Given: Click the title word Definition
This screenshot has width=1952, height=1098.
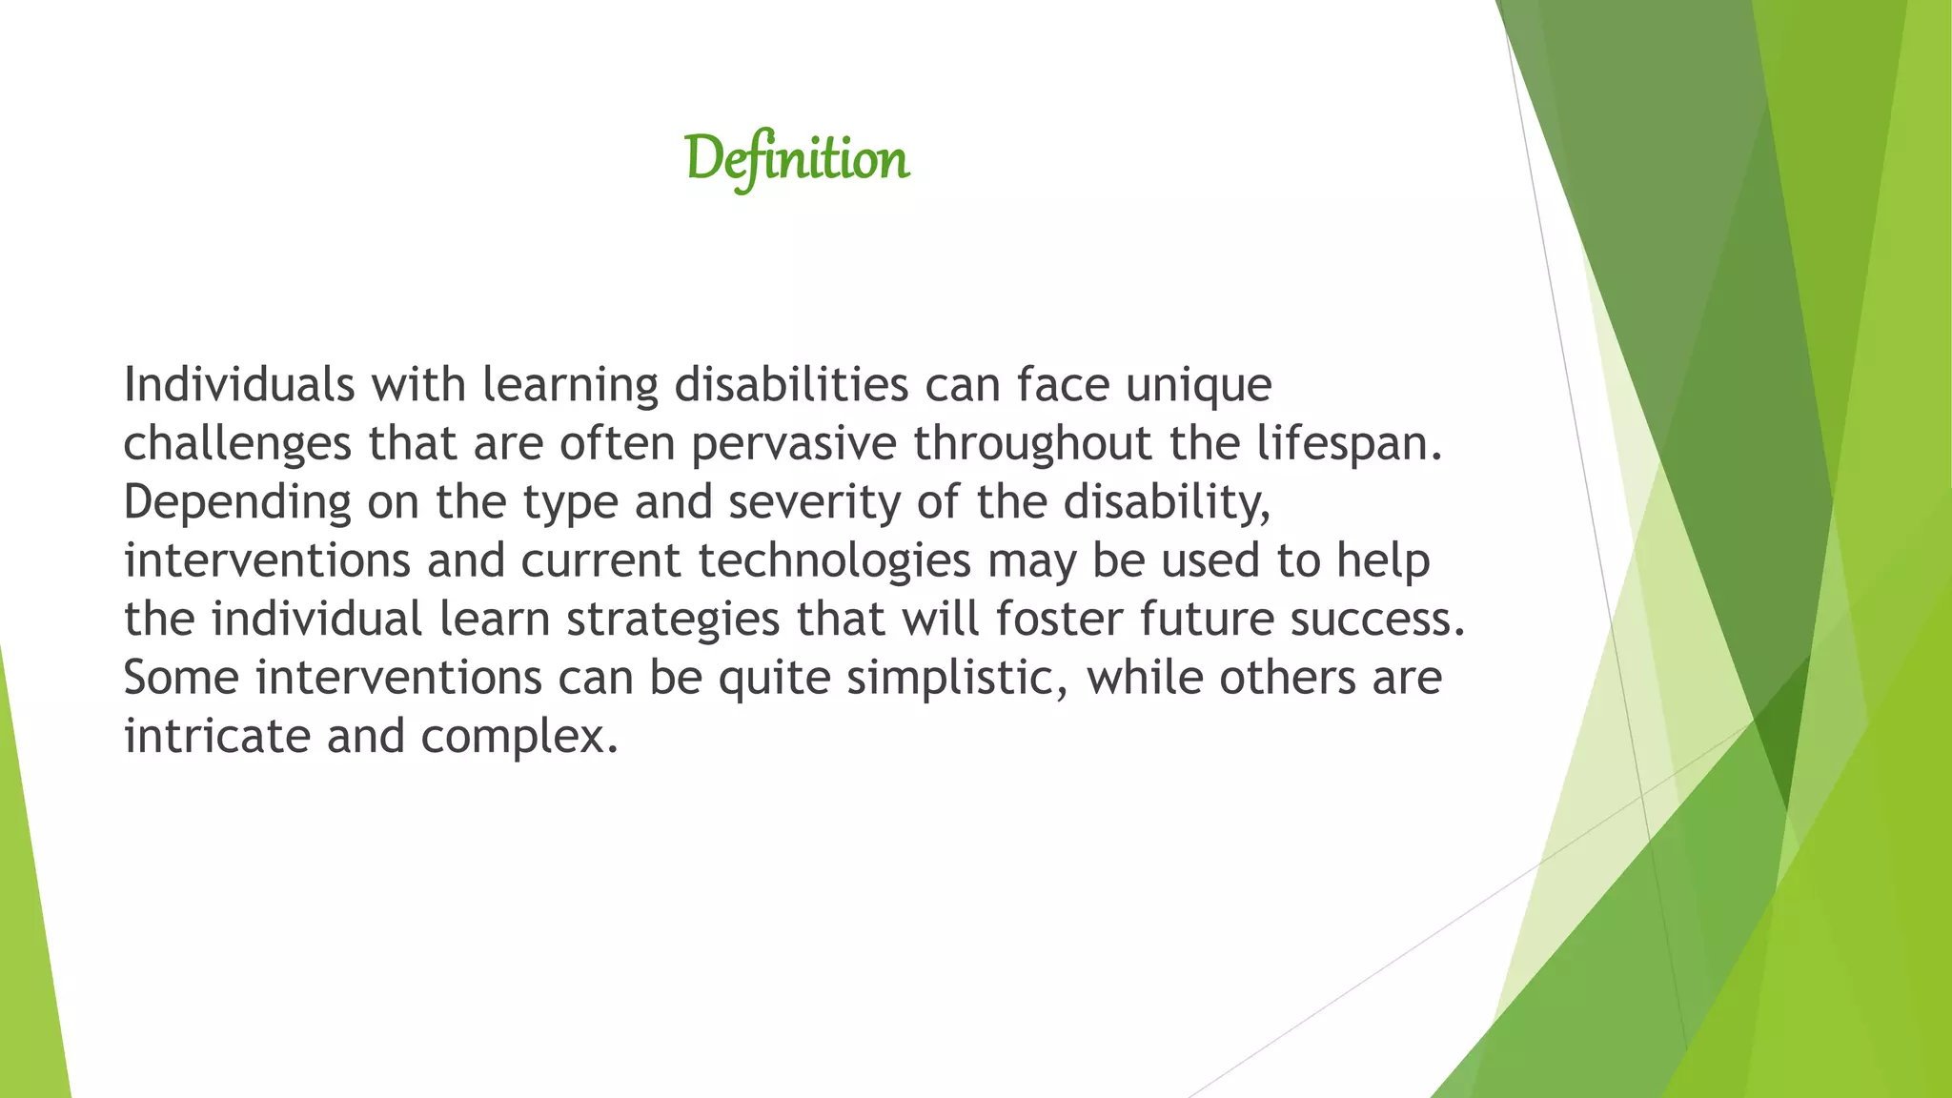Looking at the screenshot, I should tap(797, 158).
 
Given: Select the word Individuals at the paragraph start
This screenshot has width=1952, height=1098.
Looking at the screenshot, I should tap(239, 385).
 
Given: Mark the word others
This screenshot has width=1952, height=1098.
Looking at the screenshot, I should tap(1287, 678).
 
